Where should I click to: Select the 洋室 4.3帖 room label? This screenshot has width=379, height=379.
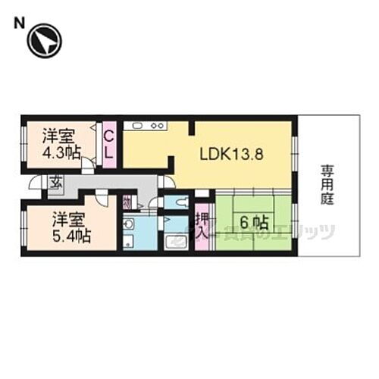(x=61, y=144)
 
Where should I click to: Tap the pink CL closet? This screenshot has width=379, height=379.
(x=109, y=144)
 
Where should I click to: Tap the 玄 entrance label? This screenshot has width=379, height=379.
(x=56, y=181)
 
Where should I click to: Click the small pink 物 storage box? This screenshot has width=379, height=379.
(x=127, y=202)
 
